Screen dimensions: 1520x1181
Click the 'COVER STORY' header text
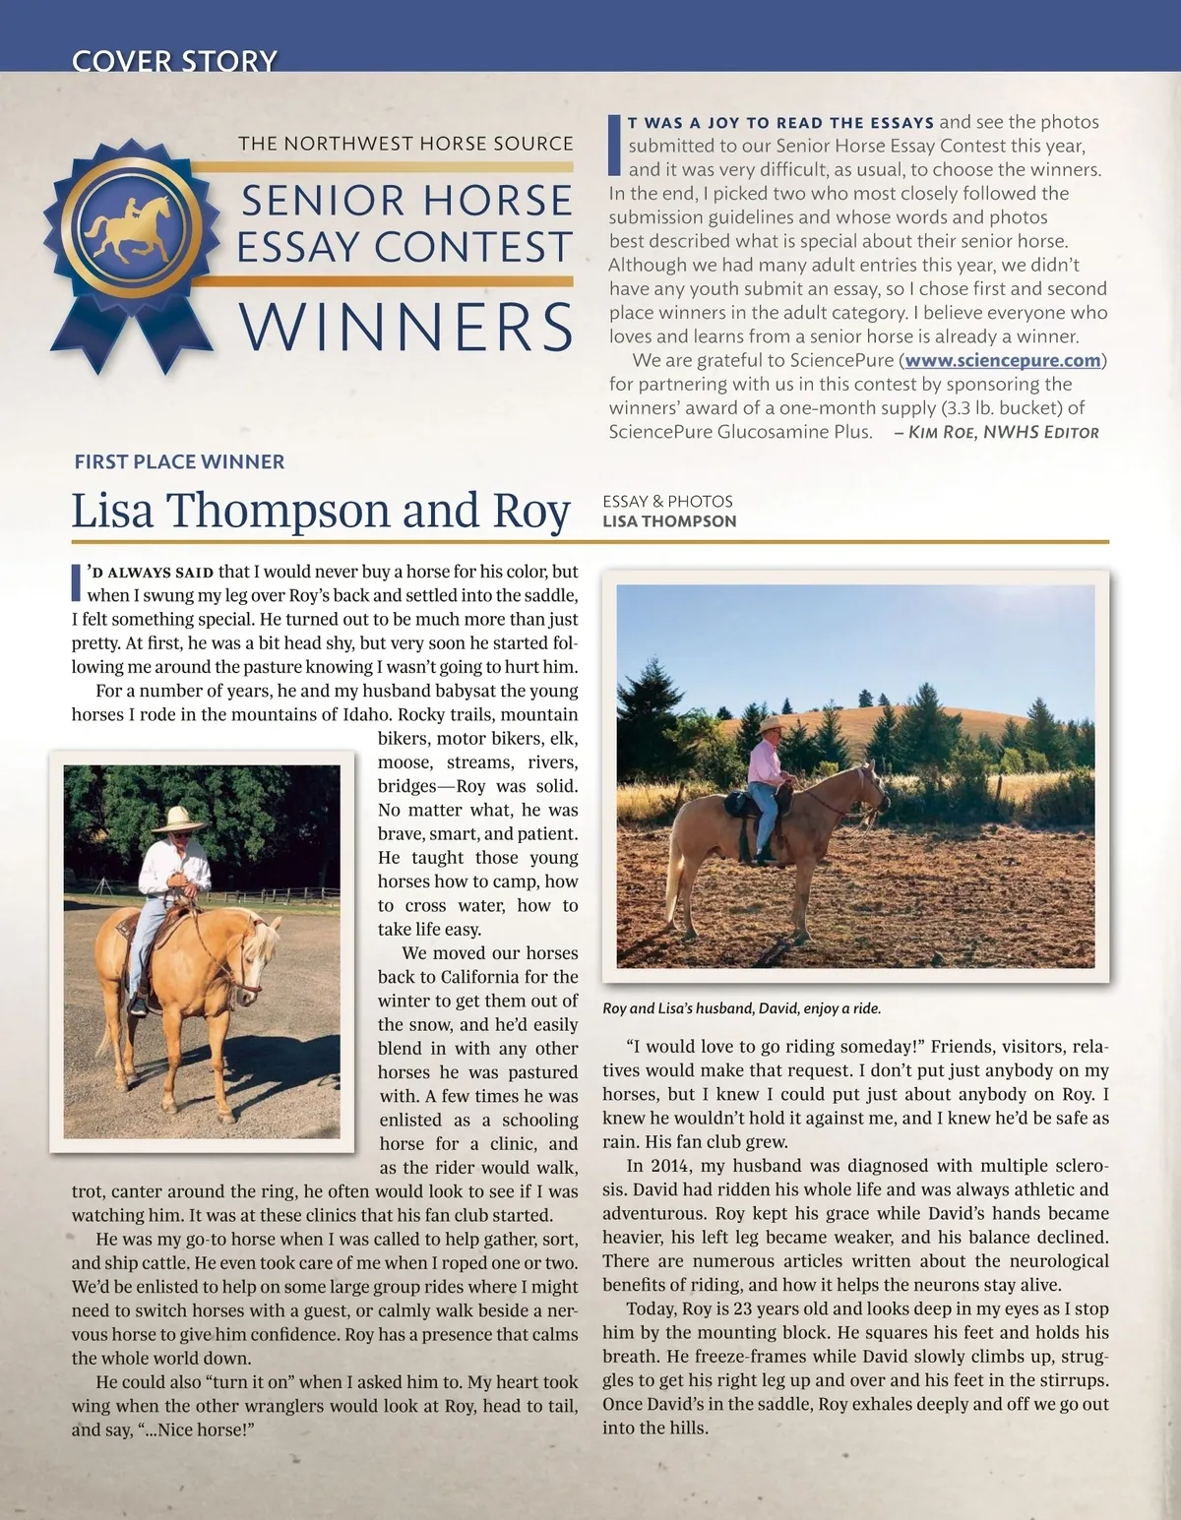(x=175, y=61)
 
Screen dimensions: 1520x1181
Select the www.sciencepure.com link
(x=1002, y=360)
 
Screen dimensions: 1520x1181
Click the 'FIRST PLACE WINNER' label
(x=179, y=461)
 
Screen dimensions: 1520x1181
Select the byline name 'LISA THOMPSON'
(x=669, y=521)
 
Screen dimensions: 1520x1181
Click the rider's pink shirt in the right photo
(x=764, y=764)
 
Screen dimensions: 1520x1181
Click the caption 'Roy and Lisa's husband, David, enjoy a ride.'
(x=742, y=1008)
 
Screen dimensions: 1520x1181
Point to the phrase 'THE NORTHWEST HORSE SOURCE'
(x=405, y=144)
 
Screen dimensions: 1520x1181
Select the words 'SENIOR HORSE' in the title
(x=406, y=201)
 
